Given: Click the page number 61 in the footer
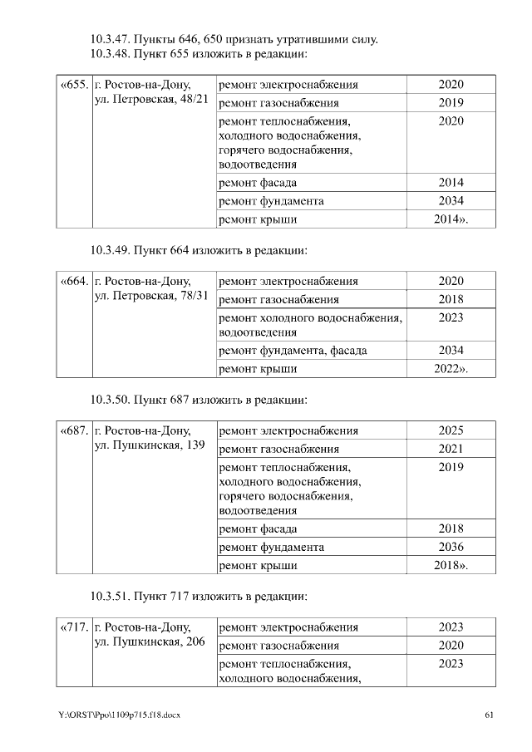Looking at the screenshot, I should click(490, 715).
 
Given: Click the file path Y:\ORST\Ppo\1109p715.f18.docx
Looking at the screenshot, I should click(119, 715).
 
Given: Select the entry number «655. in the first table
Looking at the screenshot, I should click(74, 85).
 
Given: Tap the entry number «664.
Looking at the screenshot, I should click(74, 281).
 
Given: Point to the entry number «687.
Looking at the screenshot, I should click(74, 430).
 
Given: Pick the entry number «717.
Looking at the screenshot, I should click(74, 627).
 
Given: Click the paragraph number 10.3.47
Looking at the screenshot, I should click(110, 39).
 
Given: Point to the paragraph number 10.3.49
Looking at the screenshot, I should click(110, 249).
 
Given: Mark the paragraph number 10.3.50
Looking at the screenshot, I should click(110, 399).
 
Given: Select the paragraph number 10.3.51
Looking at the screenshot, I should click(110, 596).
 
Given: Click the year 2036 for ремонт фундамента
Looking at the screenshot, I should click(451, 547).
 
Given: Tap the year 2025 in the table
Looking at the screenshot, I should click(451, 430).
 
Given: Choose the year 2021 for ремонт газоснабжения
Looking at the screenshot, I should click(451, 449).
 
